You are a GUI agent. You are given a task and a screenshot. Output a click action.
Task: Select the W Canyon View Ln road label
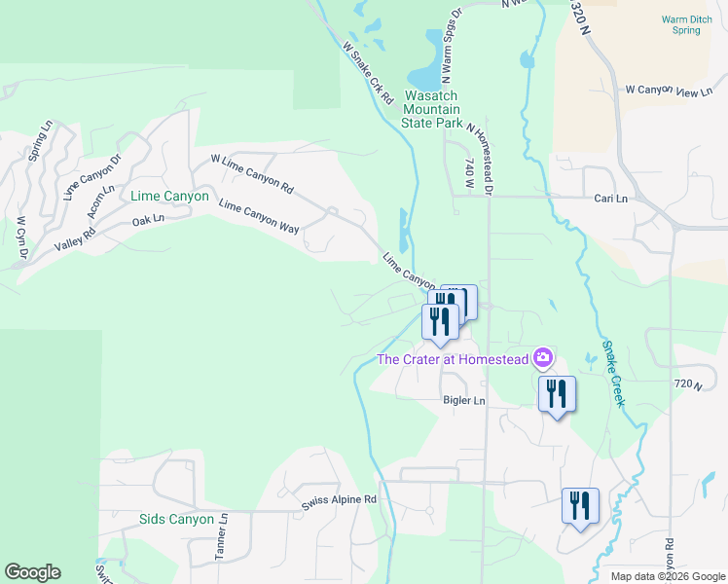click(669, 91)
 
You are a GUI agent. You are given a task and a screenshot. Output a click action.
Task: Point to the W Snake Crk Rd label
click(368, 72)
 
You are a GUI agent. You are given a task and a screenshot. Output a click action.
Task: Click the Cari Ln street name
click(610, 198)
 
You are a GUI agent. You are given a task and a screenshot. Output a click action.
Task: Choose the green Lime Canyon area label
click(169, 196)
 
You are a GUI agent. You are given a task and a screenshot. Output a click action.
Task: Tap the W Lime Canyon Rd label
click(252, 171)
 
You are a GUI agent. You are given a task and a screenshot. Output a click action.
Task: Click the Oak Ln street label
click(148, 220)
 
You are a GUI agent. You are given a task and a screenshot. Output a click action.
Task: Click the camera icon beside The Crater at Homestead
click(543, 359)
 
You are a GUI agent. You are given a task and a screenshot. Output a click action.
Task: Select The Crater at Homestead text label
click(453, 360)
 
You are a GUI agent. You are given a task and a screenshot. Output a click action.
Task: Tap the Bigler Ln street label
click(463, 400)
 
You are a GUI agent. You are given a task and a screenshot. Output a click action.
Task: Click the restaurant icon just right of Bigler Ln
click(557, 394)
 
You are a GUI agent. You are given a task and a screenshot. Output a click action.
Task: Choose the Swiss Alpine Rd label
click(338, 499)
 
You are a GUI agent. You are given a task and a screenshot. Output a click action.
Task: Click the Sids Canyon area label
click(176, 519)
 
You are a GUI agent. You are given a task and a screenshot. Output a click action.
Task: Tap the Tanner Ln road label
click(221, 537)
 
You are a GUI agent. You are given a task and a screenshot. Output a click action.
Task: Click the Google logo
click(33, 572)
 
